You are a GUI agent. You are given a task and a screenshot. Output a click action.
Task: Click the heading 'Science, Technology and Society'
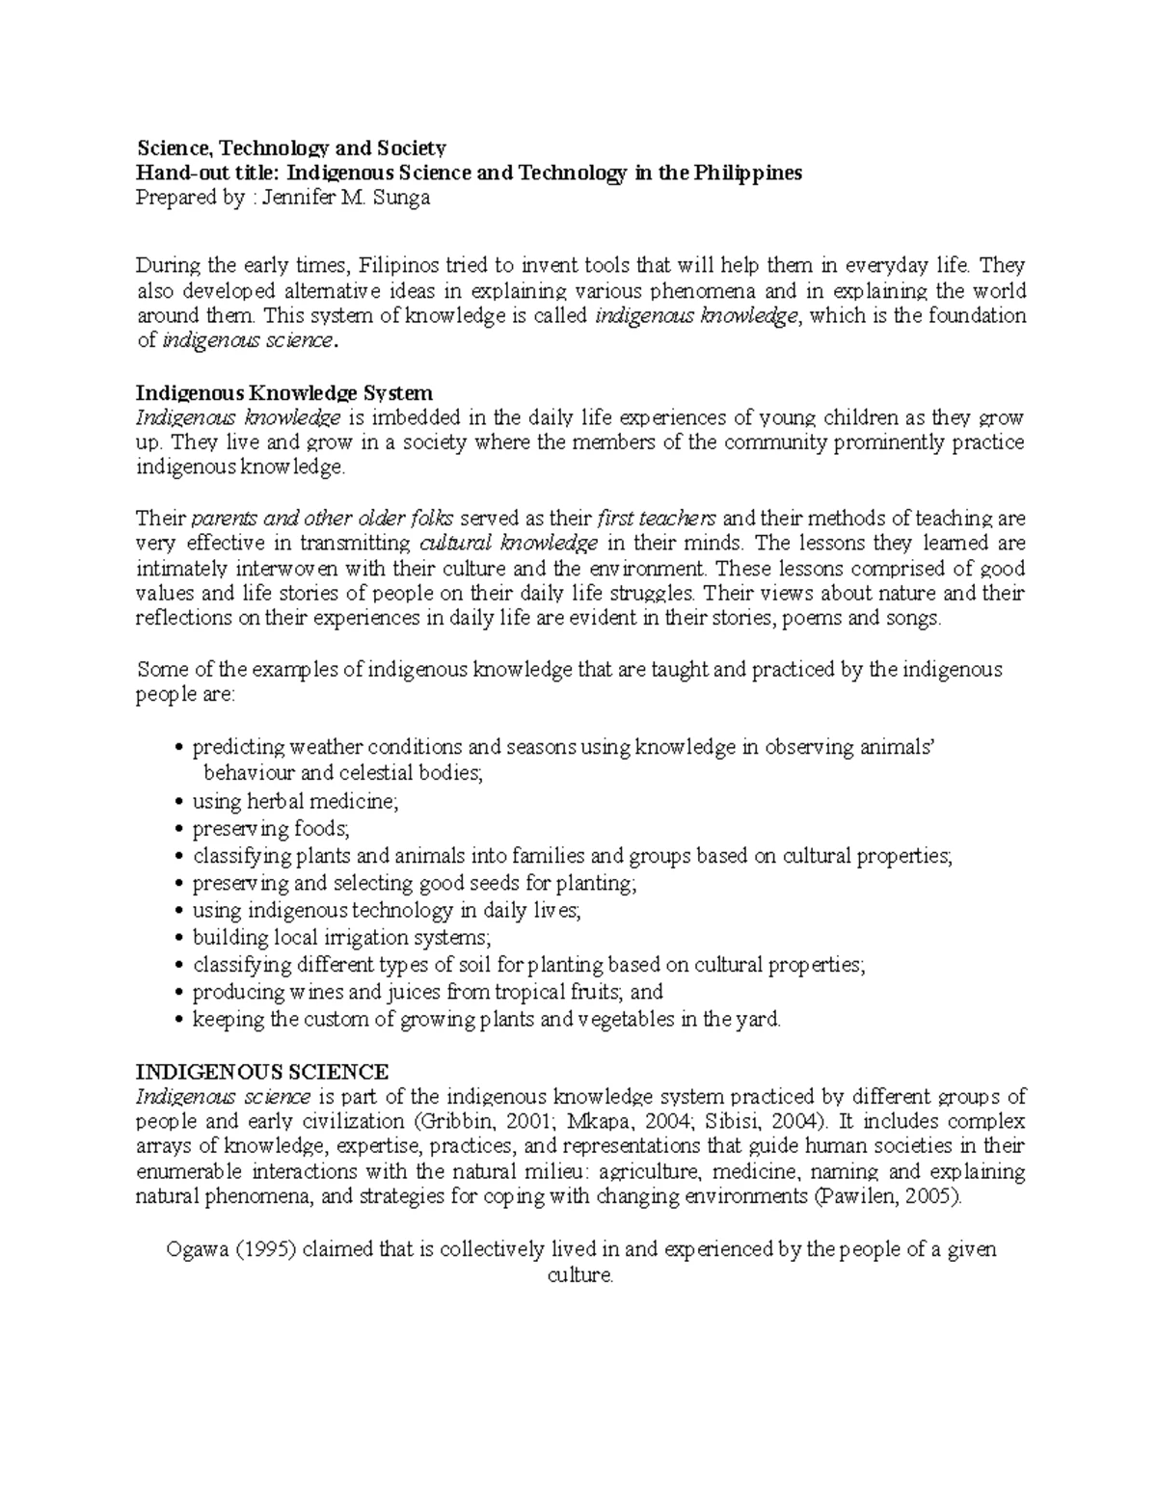(291, 147)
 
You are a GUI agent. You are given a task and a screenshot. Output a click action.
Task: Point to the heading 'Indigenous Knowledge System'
(284, 393)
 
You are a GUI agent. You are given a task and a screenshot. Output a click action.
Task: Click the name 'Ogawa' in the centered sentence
(198, 1249)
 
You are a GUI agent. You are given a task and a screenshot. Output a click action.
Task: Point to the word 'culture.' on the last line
(580, 1275)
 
